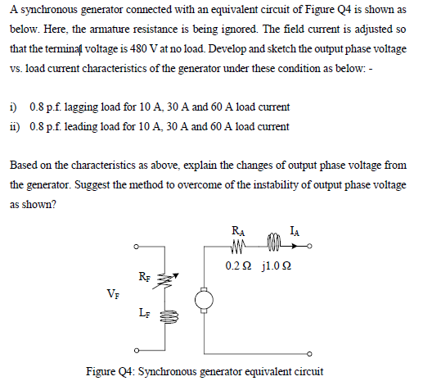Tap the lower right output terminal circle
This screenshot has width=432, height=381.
coord(309,354)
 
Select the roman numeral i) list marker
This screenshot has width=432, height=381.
coord(13,107)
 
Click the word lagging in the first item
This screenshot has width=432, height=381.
coord(79,107)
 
